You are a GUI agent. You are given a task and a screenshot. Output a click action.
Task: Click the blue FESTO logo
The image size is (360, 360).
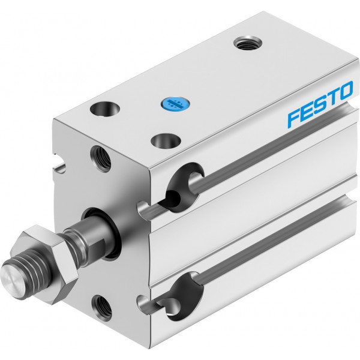320,104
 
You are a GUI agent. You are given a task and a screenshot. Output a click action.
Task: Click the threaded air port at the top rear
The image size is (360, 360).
247,43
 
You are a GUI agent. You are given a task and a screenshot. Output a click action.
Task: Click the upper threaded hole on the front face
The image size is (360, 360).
101,158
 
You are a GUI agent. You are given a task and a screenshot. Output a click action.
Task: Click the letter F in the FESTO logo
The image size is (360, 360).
295,118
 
